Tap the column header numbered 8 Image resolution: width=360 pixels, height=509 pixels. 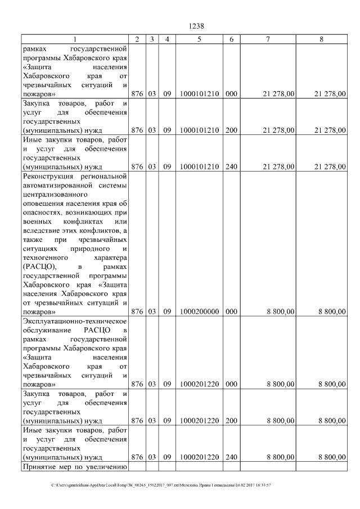pyautogui.click(x=321, y=39)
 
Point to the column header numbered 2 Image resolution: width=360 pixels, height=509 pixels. pyautogui.click(x=137, y=39)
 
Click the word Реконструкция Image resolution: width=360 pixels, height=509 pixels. pyautogui.click(x=46, y=177)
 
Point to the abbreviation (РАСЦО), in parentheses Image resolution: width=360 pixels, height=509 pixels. pyautogui.click(x=39, y=267)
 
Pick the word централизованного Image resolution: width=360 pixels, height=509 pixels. pyautogui.click(x=55, y=195)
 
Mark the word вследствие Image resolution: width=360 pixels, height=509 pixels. pyautogui.click(x=41, y=231)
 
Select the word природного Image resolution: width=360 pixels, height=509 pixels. pyautogui.click(x=83, y=249)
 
